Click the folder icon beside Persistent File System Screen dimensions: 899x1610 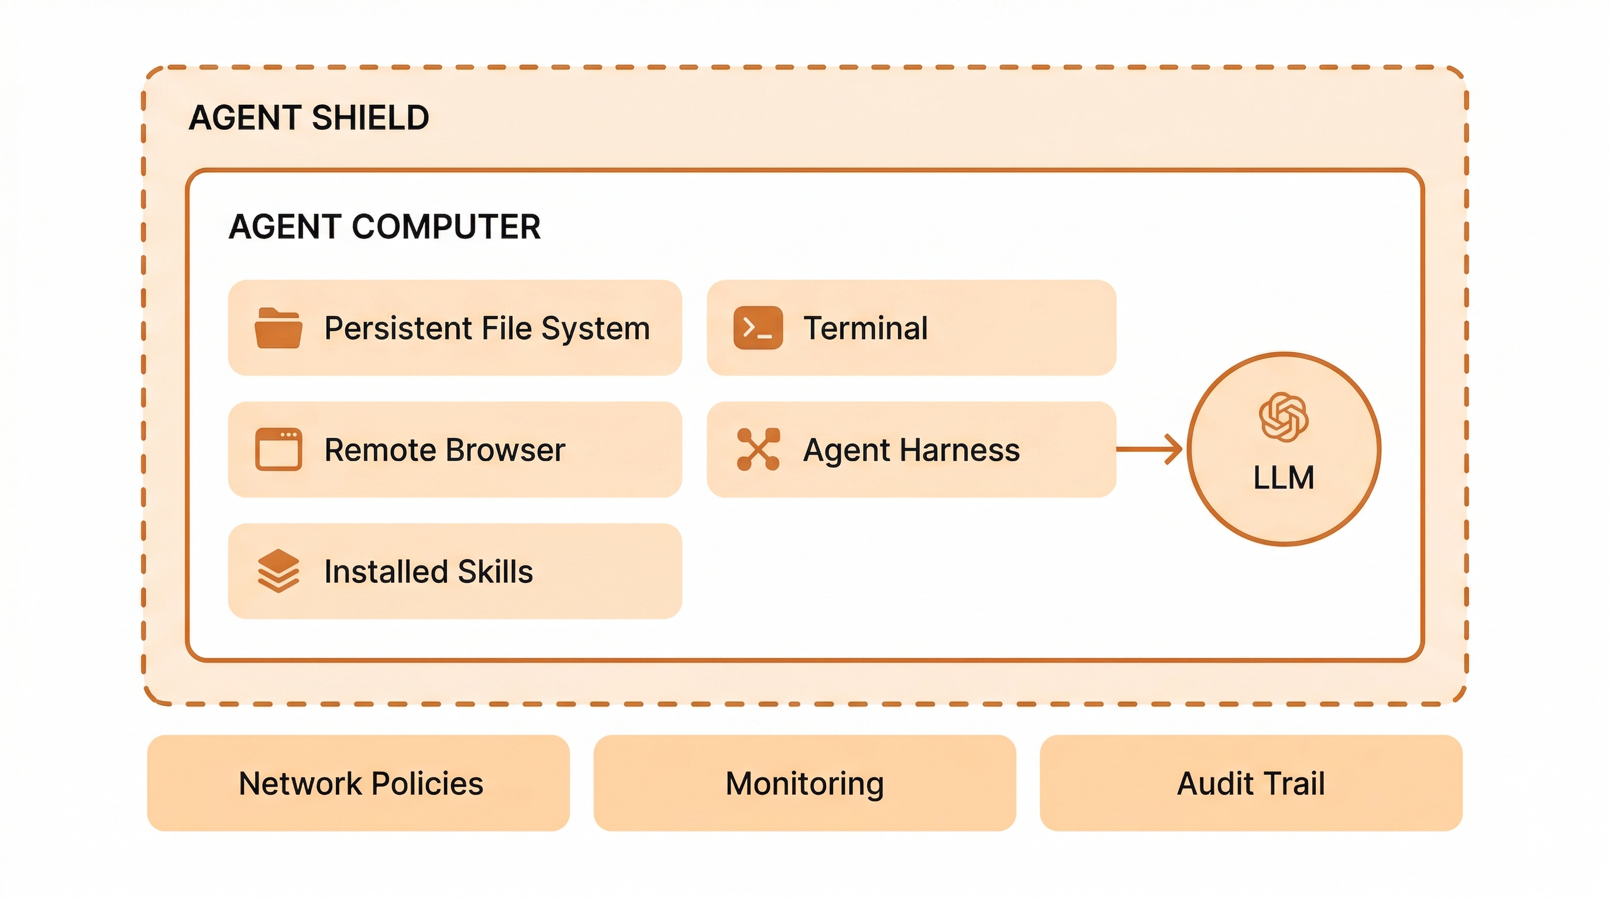tap(278, 328)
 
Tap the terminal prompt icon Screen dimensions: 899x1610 tap(758, 328)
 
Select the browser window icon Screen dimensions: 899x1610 tap(278, 449)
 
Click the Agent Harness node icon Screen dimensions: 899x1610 tap(758, 449)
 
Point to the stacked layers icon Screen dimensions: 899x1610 tap(278, 570)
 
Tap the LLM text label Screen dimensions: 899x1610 tap(1283, 478)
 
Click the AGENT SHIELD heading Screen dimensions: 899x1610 tap(309, 118)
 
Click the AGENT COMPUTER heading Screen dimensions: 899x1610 tap(384, 227)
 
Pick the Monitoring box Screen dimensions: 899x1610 tap(804, 783)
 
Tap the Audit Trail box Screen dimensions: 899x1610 tap(1251, 783)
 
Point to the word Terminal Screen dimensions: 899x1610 tap(866, 328)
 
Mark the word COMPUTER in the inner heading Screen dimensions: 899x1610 tap(446, 227)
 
